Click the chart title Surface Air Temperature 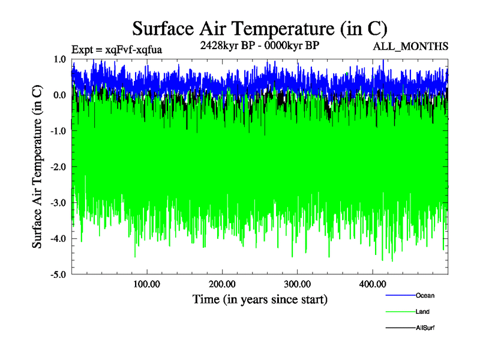click(x=260, y=29)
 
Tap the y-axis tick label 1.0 click(x=59, y=59)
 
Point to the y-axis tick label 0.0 click(x=59, y=95)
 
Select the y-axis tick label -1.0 click(x=58, y=131)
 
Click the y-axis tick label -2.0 click(x=58, y=167)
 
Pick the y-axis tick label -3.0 click(x=58, y=203)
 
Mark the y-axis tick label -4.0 click(x=58, y=239)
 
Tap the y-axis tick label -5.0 click(x=58, y=275)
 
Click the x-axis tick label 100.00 click(x=146, y=284)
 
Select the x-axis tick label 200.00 click(x=222, y=284)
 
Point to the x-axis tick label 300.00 click(x=297, y=284)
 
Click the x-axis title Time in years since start click(x=260, y=299)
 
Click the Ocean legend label click(x=425, y=295)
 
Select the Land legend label click(x=422, y=312)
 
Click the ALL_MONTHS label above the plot click(x=410, y=46)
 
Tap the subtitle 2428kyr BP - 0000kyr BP click(x=259, y=45)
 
